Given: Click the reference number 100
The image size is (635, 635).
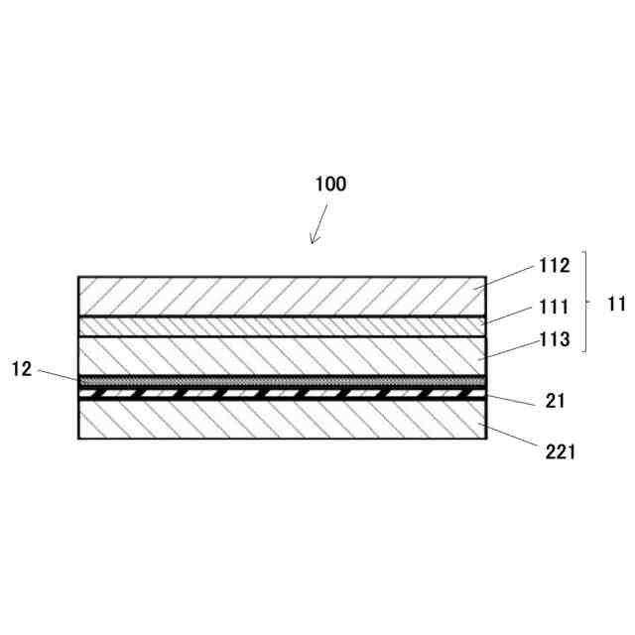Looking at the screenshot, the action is (330, 184).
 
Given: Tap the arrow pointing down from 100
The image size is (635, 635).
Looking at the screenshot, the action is (319, 223).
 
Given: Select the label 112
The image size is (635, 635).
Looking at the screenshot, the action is (555, 266).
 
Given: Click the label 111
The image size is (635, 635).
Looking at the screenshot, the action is (555, 309).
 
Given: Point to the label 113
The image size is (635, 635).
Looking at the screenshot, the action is (555, 340).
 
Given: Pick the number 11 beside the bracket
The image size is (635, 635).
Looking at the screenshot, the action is (616, 304).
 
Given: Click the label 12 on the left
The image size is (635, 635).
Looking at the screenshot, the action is (22, 369).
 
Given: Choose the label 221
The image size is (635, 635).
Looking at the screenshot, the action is (559, 452).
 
